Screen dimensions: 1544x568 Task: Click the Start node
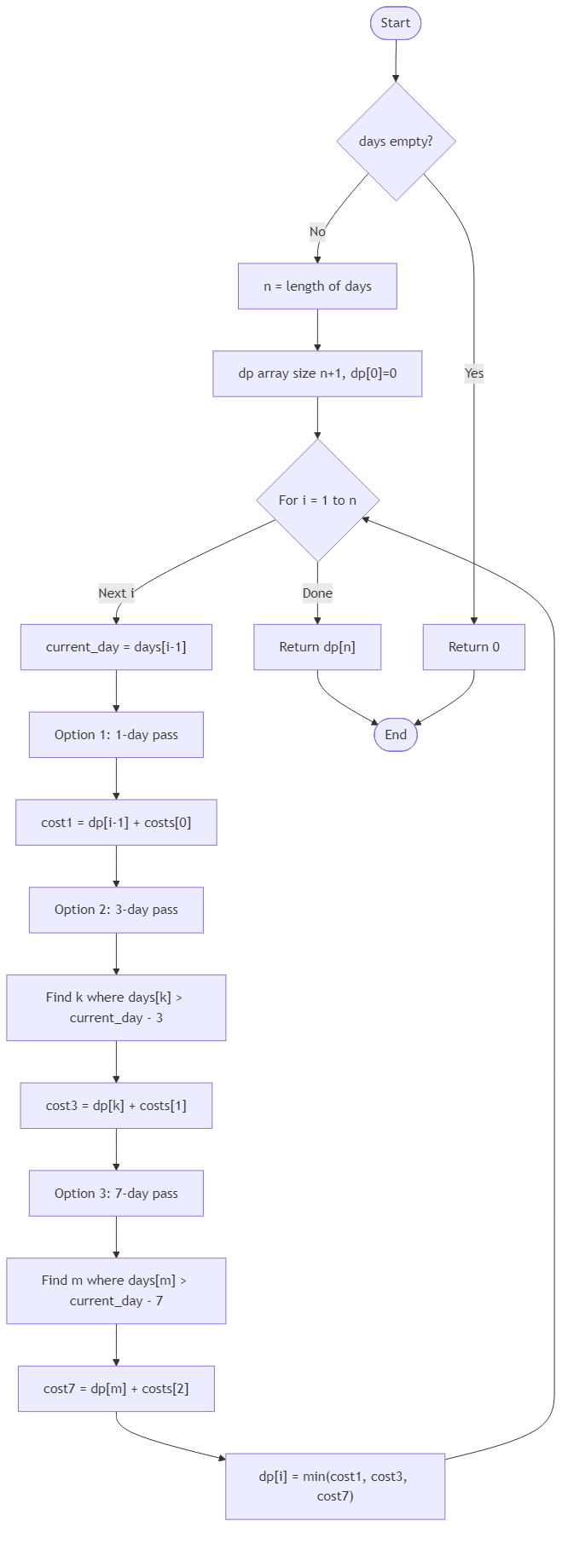pos(396,23)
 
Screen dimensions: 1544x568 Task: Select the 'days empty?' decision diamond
pos(396,142)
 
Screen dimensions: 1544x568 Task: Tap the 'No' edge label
pos(317,232)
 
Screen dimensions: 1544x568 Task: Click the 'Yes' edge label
pos(474,373)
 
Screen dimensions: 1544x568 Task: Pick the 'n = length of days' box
pos(317,286)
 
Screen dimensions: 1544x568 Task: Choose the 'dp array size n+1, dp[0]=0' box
pos(317,373)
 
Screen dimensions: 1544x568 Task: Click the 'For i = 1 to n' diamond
pos(317,500)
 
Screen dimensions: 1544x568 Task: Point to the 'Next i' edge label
pos(116,593)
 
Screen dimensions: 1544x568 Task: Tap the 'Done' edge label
pos(317,593)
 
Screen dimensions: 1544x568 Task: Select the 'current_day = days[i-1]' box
pos(116,647)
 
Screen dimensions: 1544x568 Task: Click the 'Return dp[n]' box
pos(317,647)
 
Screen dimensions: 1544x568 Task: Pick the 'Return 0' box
pos(474,647)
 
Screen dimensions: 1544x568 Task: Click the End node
pos(396,735)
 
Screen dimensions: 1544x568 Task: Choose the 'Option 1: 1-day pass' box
pos(116,735)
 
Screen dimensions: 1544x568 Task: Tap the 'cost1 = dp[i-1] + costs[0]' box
pos(116,823)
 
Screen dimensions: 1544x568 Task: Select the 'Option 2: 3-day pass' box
pos(116,910)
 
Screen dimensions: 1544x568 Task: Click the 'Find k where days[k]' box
pos(116,1008)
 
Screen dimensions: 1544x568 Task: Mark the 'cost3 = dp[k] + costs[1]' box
pos(116,1106)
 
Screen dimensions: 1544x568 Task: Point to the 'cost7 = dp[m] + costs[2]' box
pos(116,1389)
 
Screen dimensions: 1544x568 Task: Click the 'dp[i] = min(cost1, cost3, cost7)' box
pos(335,1486)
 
